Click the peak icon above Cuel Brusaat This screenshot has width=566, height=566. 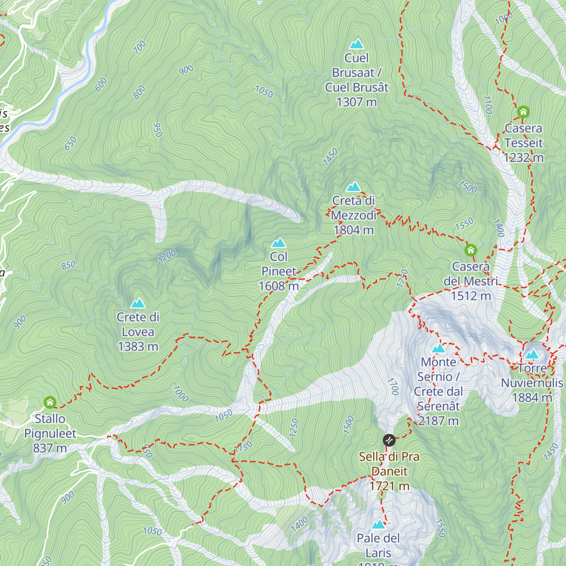tap(357, 44)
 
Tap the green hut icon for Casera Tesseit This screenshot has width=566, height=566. tap(523, 112)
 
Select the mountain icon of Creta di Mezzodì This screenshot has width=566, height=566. tap(353, 187)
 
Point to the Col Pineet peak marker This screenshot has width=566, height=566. tap(279, 243)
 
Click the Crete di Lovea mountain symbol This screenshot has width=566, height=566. tap(138, 303)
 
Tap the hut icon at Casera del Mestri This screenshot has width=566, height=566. tap(470, 250)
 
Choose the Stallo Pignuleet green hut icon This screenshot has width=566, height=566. tap(50, 402)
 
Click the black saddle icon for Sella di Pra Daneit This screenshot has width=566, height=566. tap(389, 440)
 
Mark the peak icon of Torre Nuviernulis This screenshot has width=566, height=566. tap(532, 354)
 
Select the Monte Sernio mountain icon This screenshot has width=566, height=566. tap(439, 349)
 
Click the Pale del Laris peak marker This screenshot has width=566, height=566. tap(378, 524)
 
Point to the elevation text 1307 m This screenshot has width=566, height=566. tap(357, 102)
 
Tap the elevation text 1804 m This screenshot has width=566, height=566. tap(353, 230)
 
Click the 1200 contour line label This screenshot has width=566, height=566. tap(167, 256)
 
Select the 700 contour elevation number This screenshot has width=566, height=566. tap(140, 48)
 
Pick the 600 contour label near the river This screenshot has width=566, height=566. tap(101, 84)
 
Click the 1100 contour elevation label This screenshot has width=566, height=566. tap(488, 105)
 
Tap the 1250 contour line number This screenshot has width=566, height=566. tap(294, 428)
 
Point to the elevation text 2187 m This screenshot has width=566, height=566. tap(438, 421)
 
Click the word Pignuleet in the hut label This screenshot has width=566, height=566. tap(50, 433)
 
